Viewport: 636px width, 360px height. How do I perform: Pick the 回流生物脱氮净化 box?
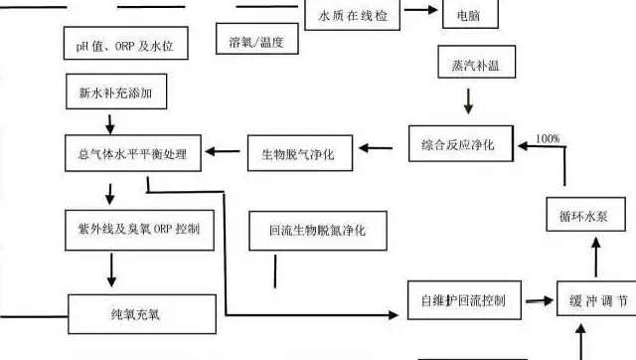click(x=318, y=230)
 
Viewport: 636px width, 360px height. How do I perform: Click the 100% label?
click(x=548, y=136)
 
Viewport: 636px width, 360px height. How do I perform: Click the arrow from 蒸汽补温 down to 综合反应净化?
click(x=468, y=101)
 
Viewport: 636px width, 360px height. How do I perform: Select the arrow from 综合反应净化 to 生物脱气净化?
click(x=382, y=148)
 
